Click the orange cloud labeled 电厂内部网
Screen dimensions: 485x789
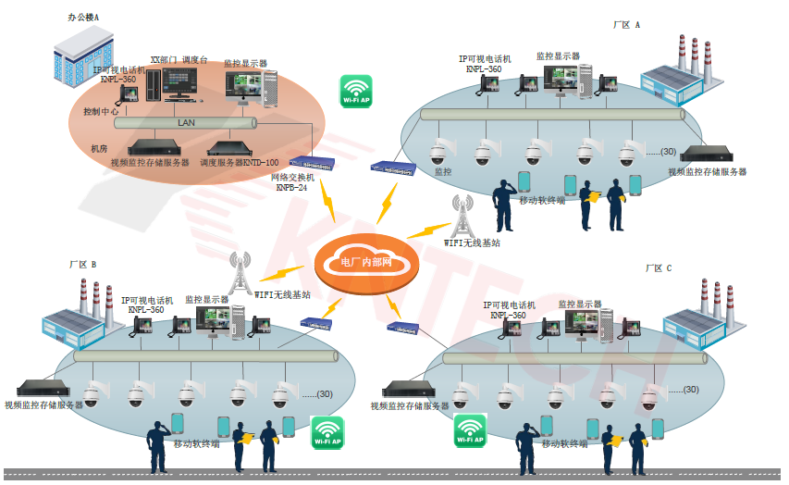[366, 262]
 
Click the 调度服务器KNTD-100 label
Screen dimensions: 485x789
[240, 162]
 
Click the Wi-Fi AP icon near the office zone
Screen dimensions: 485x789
[356, 92]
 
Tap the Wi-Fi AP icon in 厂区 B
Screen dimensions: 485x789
[327, 432]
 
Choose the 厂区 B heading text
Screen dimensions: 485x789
[82, 265]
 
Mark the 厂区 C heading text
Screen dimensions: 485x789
[658, 268]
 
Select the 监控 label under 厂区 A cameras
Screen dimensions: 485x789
[443, 172]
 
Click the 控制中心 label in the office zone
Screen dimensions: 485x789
[102, 111]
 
